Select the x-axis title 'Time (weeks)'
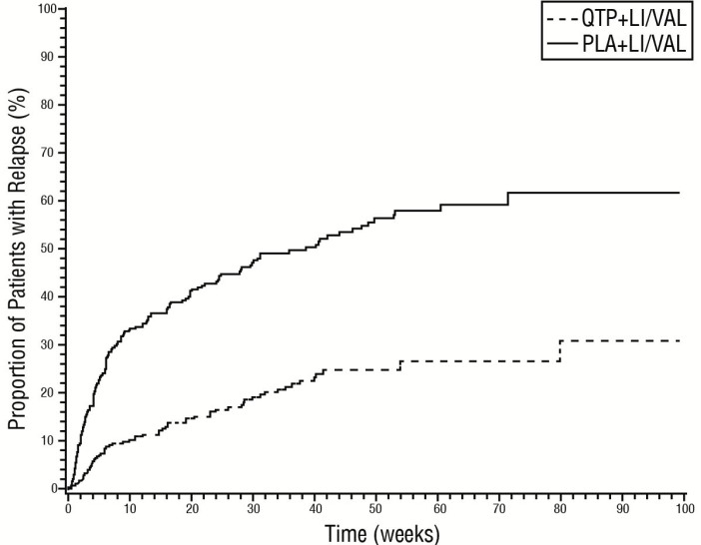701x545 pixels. click(373, 534)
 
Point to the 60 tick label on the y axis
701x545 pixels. click(46, 201)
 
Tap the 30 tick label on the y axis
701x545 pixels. click(46, 344)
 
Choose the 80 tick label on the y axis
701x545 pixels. click(46, 104)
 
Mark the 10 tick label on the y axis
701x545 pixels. click(46, 440)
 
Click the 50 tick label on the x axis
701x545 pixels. click(375, 507)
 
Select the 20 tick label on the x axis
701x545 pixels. click(191, 507)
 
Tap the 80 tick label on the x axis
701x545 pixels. click(560, 507)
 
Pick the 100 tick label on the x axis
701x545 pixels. click(684, 507)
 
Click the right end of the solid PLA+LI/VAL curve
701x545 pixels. click(679, 193)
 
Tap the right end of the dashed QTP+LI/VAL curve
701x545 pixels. click(679, 341)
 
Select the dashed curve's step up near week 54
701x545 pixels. click(399, 365)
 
